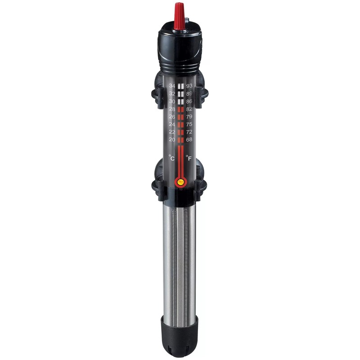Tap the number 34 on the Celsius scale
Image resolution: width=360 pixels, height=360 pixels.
click(x=172, y=86)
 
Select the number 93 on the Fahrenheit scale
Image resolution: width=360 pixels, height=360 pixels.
click(x=189, y=86)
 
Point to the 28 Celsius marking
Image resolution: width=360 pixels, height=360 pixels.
click(x=172, y=109)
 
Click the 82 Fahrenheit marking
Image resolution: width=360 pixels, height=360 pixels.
click(x=189, y=109)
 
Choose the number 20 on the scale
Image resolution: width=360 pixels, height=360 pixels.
click(x=172, y=139)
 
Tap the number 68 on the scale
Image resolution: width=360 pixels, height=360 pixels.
click(x=189, y=139)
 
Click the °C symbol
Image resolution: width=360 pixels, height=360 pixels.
click(x=171, y=158)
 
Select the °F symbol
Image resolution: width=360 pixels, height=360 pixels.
click(x=189, y=158)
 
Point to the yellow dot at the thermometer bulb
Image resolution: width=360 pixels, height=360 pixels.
click(x=180, y=182)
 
